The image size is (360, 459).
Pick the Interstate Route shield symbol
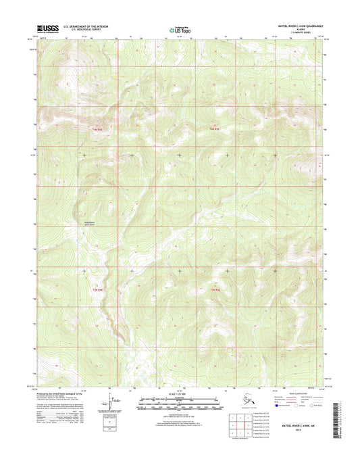click(260, 409)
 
